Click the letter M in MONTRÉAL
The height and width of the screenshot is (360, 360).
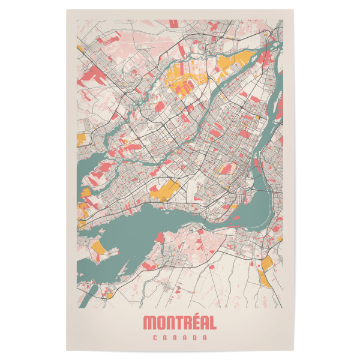click(x=150, y=323)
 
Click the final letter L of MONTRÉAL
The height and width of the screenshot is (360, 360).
click(x=212, y=323)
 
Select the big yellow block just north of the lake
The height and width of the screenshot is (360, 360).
click(x=164, y=190)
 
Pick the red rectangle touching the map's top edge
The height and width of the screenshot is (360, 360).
click(x=174, y=23)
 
